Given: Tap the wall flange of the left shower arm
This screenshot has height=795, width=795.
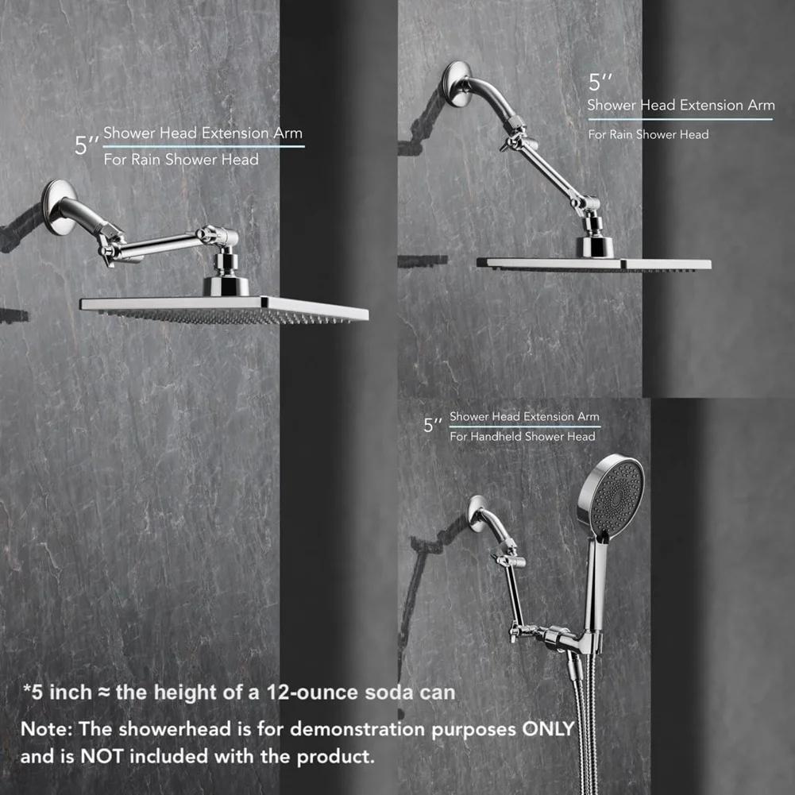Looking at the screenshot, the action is (58, 206).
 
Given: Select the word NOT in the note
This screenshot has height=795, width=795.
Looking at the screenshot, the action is (102, 756).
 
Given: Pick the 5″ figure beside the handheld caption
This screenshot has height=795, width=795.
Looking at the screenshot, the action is (433, 425).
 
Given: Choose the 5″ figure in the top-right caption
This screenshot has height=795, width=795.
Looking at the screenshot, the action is (600, 82).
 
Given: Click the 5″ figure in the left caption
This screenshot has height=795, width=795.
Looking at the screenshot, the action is (87, 145).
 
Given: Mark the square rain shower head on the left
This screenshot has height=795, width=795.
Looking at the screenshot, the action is (224, 309).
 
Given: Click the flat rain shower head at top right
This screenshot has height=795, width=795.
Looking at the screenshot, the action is (594, 264).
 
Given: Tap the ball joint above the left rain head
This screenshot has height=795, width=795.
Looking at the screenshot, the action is (226, 264).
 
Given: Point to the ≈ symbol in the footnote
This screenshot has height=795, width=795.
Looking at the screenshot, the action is (103, 693).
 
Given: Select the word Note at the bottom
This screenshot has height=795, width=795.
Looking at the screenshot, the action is (47, 728).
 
